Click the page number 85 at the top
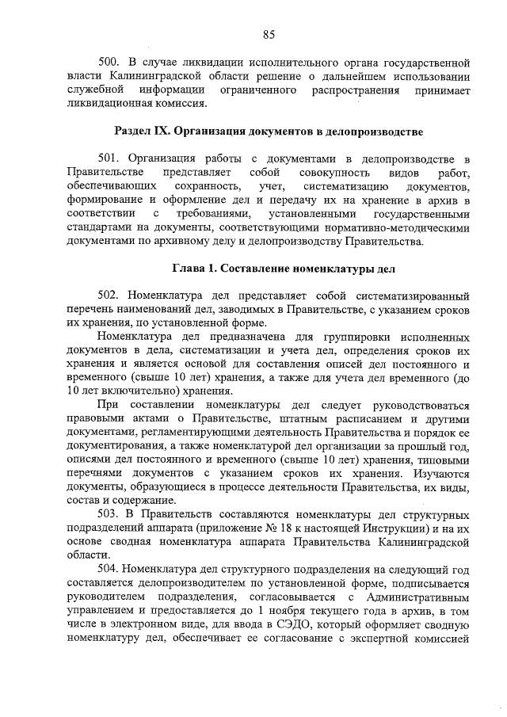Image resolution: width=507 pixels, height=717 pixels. tap(268, 33)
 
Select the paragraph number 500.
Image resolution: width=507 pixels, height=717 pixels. tap(108, 62)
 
